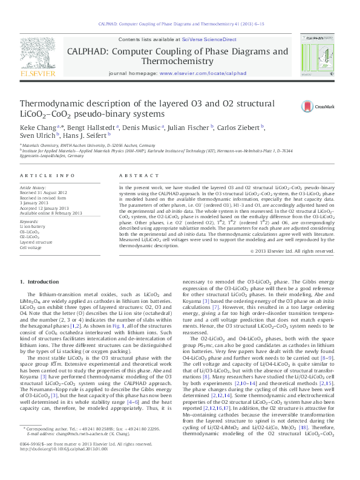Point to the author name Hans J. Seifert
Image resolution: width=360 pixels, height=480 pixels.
pos(84,137)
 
